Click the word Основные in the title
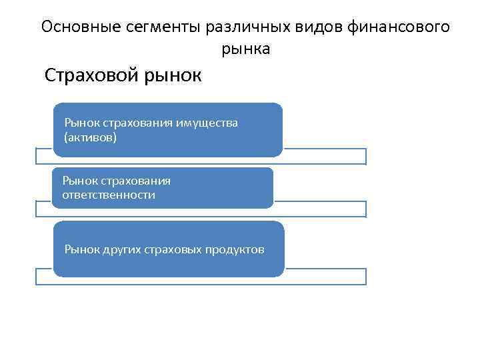click(x=77, y=27)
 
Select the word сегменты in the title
click(x=160, y=27)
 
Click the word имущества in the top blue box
click(x=207, y=123)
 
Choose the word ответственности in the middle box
click(x=109, y=195)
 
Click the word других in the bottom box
click(x=121, y=249)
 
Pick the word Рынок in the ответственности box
click(x=79, y=181)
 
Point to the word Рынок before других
click(x=81, y=249)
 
